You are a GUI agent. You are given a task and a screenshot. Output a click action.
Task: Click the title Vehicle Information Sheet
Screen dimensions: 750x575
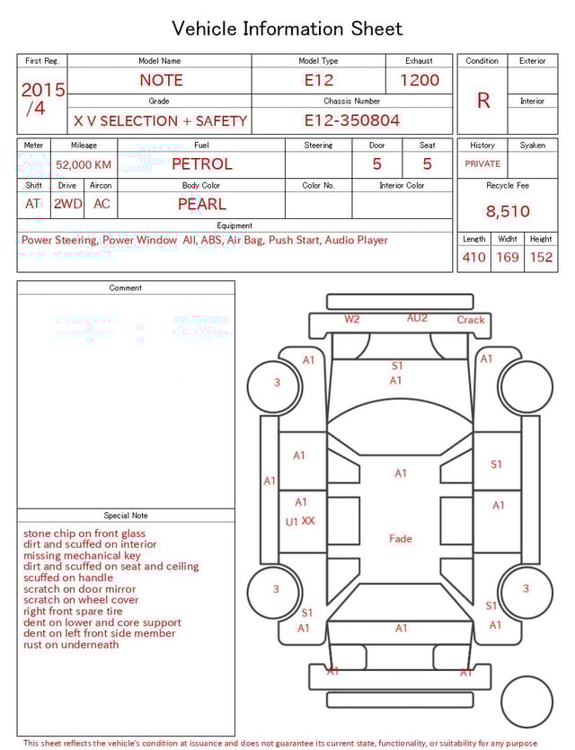[287, 28]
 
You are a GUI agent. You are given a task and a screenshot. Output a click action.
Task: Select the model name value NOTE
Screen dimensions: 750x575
[161, 80]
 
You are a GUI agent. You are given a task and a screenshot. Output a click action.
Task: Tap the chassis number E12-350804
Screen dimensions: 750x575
[351, 120]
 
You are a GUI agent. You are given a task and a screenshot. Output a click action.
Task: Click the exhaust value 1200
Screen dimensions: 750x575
[420, 80]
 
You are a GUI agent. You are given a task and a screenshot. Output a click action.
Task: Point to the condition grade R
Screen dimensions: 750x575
[483, 101]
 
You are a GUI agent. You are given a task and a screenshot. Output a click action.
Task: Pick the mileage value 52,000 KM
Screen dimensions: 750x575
[84, 165]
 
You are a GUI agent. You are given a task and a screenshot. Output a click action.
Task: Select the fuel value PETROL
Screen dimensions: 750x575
[201, 164]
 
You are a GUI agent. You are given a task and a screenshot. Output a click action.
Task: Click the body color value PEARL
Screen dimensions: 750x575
[201, 204]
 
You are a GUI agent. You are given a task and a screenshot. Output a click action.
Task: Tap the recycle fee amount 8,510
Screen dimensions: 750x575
[508, 212]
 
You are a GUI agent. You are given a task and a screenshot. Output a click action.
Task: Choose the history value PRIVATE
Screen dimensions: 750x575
[482, 164]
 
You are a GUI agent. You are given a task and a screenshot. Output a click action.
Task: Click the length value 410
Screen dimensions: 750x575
[473, 258]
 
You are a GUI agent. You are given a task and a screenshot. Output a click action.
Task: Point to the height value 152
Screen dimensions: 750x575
[541, 258]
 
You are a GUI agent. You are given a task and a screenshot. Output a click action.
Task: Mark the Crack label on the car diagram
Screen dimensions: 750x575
[471, 320]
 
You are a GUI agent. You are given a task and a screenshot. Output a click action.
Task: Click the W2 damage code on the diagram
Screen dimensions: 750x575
[352, 319]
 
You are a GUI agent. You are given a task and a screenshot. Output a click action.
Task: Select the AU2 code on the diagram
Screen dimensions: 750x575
[417, 318]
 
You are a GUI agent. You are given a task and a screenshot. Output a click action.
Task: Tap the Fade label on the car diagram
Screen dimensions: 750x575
[401, 539]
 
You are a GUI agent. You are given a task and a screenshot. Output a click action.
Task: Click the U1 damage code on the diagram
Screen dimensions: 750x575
[292, 522]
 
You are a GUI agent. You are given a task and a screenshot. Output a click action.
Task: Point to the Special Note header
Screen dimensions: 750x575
[126, 516]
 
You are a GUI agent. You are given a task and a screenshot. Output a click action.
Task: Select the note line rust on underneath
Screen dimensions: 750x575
[71, 645]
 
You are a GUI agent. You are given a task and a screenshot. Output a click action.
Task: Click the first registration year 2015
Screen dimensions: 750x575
[43, 90]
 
